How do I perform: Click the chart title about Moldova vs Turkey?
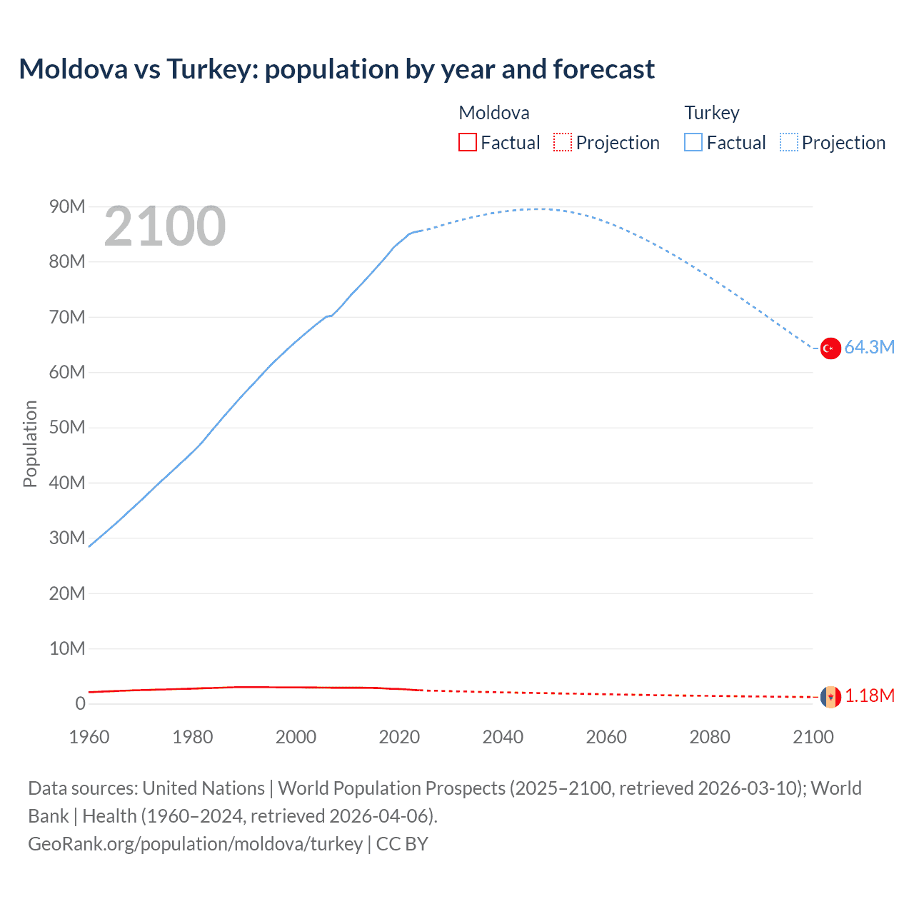tap(336, 69)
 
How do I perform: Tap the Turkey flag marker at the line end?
tap(830, 348)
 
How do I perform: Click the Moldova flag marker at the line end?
tap(830, 696)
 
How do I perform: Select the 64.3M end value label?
tap(869, 348)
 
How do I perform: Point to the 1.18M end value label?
tap(870, 696)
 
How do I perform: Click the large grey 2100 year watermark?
tap(165, 227)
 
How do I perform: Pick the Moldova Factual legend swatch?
tap(468, 143)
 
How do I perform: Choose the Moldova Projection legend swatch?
tap(563, 143)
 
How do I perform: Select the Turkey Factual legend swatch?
tap(693, 143)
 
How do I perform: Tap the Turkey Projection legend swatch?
tap(789, 143)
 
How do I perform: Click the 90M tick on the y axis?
tap(67, 207)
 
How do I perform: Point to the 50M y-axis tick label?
tap(67, 428)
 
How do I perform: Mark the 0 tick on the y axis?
tap(80, 704)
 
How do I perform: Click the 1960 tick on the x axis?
tap(89, 738)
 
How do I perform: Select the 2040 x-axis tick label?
tap(503, 738)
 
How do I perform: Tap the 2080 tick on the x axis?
tap(710, 738)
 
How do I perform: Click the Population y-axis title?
tap(30, 444)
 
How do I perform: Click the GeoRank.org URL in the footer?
tap(195, 844)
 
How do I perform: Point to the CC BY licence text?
tap(402, 844)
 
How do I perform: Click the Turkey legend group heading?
tap(712, 113)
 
